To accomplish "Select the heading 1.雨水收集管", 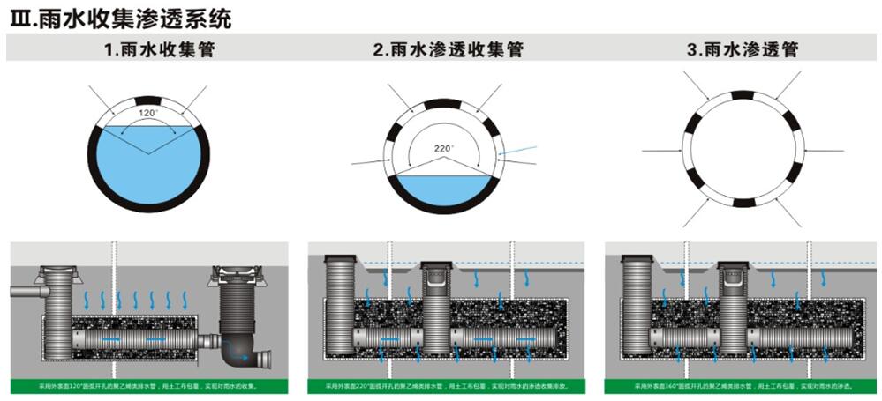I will click(x=159, y=50).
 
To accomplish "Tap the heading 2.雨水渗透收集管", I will click(x=448, y=50).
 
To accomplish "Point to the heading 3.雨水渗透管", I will click(x=743, y=50).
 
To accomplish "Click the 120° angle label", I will click(x=148, y=115).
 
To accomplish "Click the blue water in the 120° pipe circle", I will click(x=147, y=167).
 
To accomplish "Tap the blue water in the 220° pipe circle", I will click(x=442, y=189).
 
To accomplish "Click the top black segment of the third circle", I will click(x=743, y=94).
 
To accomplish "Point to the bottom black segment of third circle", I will click(x=743, y=203).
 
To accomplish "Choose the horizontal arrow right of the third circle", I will click(x=825, y=151).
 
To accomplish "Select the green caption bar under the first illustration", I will click(x=148, y=386).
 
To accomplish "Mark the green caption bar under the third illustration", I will click(x=743, y=386).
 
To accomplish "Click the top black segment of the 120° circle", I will click(x=147, y=100).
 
